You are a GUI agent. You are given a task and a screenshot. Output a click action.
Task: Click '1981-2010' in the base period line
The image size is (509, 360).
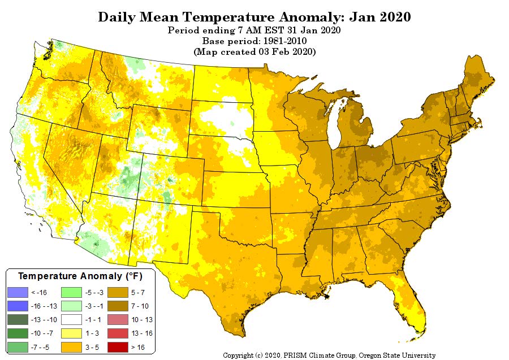point(284,41)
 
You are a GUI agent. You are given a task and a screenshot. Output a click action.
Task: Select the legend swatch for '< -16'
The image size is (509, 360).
point(18,293)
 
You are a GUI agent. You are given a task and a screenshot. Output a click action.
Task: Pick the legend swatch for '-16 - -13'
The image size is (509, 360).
point(18,306)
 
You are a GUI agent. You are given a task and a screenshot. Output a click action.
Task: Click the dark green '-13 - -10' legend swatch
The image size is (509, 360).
point(18,320)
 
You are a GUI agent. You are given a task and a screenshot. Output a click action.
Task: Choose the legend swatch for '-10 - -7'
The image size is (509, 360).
point(18,333)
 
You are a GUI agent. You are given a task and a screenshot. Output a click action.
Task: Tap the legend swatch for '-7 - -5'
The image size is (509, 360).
point(18,348)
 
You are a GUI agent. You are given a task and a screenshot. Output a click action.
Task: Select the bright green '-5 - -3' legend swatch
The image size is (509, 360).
point(71,293)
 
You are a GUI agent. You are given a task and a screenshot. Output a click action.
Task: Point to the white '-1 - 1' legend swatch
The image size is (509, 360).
point(71,320)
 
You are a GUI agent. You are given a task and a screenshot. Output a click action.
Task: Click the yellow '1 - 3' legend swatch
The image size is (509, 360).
point(71,333)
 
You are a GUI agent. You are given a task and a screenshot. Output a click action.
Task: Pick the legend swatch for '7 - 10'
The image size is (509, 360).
point(118,306)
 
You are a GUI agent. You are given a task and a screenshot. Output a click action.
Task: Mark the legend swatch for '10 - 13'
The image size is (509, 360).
point(118,320)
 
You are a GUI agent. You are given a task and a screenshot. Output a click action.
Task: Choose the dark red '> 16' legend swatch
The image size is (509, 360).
point(118,348)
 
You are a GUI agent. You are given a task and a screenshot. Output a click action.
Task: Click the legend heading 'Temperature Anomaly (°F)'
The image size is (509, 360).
point(80,276)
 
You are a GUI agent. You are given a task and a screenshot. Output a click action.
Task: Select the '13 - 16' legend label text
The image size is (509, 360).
point(142,333)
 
